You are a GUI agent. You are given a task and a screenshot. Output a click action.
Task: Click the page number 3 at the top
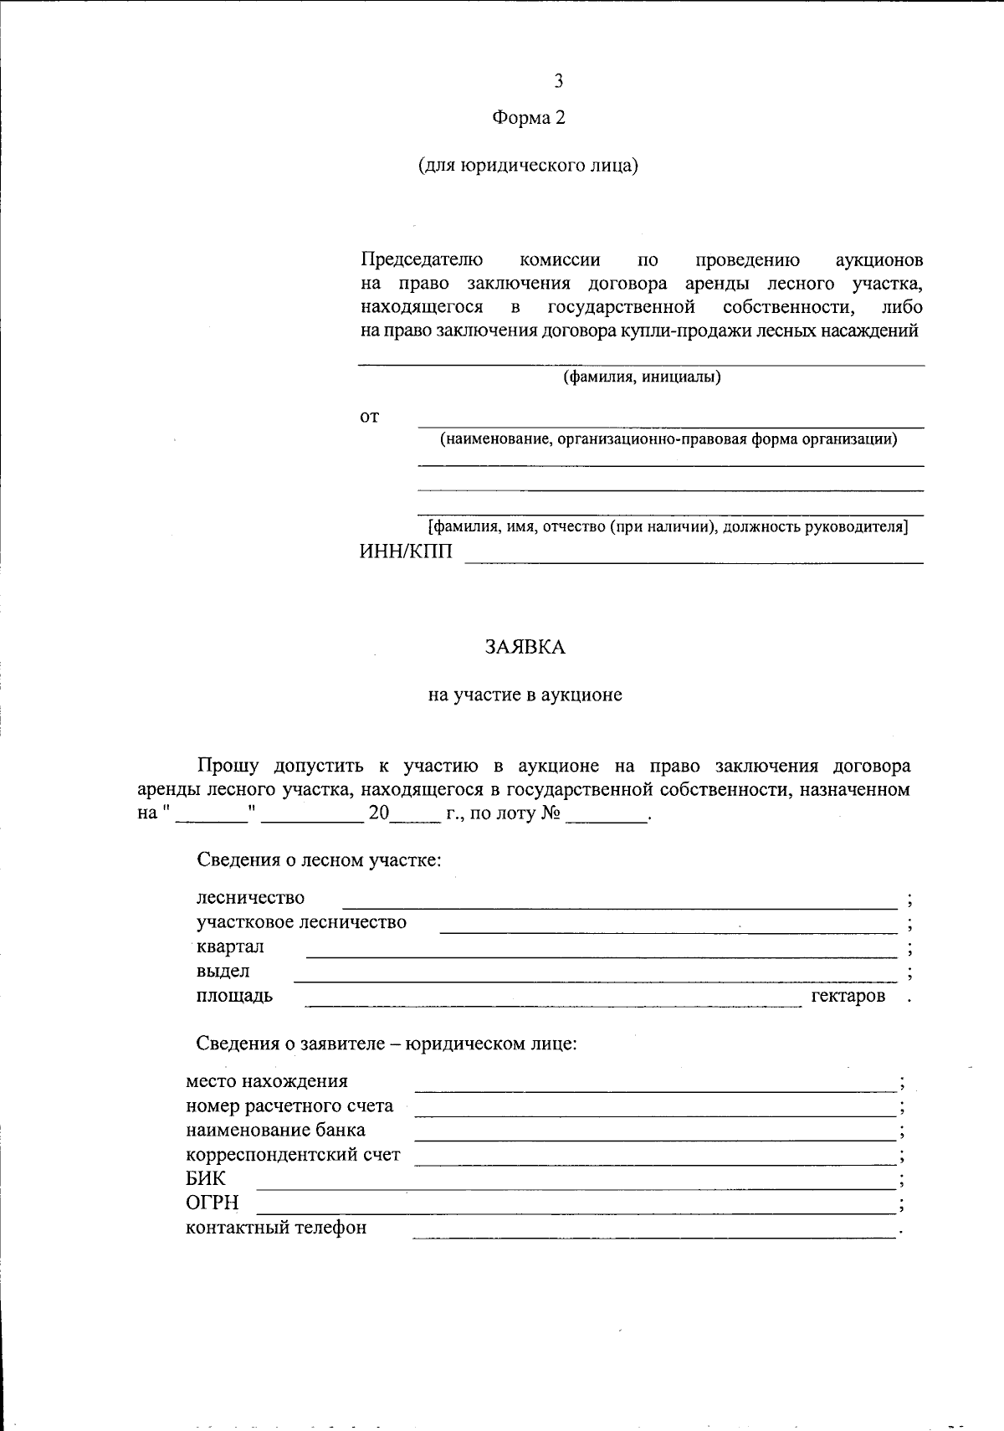pyautogui.click(x=558, y=81)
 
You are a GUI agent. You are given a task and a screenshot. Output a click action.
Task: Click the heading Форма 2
pyautogui.click(x=528, y=118)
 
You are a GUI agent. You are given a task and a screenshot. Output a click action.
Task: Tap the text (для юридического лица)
pyautogui.click(x=528, y=166)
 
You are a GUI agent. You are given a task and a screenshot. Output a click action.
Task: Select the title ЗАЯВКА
pyautogui.click(x=525, y=647)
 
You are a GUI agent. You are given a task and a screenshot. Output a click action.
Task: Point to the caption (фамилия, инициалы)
pyautogui.click(x=642, y=377)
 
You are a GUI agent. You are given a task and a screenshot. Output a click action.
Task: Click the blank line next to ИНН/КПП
pyautogui.click(x=694, y=561)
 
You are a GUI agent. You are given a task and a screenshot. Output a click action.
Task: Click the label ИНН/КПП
pyautogui.click(x=405, y=551)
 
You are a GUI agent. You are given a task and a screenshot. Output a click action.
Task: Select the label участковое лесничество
pyautogui.click(x=301, y=922)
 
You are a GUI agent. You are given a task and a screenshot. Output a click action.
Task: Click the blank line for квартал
pyautogui.click(x=601, y=955)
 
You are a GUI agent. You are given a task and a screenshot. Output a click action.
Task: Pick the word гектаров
pyautogui.click(x=848, y=996)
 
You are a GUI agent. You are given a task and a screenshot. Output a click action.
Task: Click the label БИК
pyautogui.click(x=206, y=1179)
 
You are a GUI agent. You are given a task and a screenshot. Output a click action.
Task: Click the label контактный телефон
pyautogui.click(x=276, y=1228)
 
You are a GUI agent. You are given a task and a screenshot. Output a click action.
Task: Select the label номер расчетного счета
pyautogui.click(x=289, y=1105)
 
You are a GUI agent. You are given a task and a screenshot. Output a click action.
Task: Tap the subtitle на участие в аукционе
pyautogui.click(x=525, y=695)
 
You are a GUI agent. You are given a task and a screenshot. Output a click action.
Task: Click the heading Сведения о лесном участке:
pyautogui.click(x=318, y=859)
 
